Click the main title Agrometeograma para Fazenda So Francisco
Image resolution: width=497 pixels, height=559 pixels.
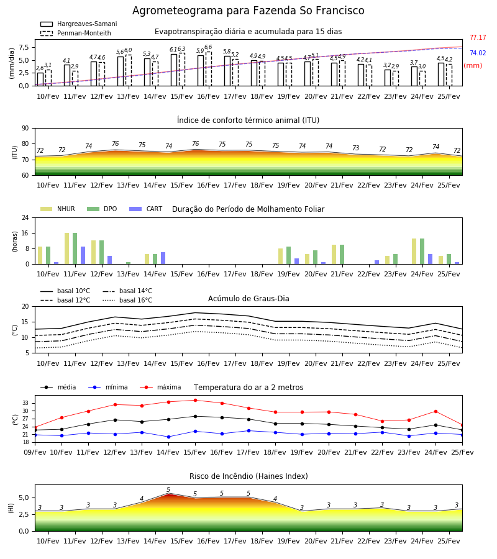click(x=248, y=11)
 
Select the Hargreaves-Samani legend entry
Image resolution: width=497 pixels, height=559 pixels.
click(x=79, y=24)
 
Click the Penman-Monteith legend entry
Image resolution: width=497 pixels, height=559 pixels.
click(x=76, y=33)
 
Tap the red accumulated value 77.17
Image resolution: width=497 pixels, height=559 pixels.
click(x=478, y=37)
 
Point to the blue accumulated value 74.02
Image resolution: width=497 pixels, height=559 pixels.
click(x=478, y=53)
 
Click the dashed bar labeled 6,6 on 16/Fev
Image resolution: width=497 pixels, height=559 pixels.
click(x=209, y=69)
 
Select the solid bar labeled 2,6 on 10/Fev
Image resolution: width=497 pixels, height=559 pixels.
click(x=40, y=79)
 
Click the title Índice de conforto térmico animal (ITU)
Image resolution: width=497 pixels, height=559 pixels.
click(x=248, y=120)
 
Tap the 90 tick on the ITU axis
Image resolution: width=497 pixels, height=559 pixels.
click(x=25, y=129)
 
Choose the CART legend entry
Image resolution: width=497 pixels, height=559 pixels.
click(x=146, y=209)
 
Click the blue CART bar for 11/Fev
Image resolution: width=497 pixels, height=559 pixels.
click(x=83, y=255)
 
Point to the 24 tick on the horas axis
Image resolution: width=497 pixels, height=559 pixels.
click(x=25, y=217)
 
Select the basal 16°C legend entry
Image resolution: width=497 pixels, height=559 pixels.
click(x=127, y=300)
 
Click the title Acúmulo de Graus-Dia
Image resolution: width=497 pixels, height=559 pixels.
click(x=248, y=299)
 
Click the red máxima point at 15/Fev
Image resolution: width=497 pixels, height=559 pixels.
click(x=195, y=401)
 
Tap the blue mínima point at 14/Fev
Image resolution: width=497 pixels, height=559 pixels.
click(x=168, y=437)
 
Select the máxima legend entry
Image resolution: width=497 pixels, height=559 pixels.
click(x=160, y=387)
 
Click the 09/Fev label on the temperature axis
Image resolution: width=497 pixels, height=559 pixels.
click(x=35, y=452)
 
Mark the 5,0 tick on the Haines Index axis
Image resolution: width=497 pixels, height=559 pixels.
click(x=23, y=498)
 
